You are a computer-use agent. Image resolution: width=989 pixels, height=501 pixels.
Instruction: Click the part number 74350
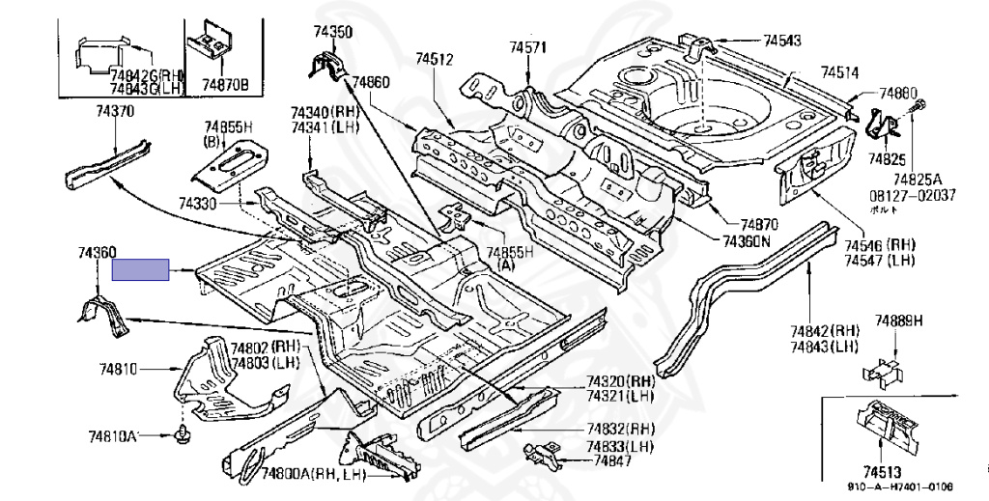click(332, 32)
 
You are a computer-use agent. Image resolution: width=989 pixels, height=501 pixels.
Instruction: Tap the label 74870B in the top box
click(225, 85)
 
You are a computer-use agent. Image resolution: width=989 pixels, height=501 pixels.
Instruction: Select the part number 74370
click(115, 112)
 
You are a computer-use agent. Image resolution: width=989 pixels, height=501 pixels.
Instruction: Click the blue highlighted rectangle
click(141, 269)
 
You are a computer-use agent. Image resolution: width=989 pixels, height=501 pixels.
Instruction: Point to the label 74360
click(98, 252)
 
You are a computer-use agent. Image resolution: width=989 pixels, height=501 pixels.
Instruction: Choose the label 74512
click(435, 60)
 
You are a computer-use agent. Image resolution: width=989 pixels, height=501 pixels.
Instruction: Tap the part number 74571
click(528, 47)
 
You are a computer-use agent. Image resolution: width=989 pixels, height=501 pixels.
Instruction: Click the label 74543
click(782, 41)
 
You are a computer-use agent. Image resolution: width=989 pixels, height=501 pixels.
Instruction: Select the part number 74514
click(840, 72)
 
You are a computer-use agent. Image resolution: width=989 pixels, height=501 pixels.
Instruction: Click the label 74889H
click(899, 320)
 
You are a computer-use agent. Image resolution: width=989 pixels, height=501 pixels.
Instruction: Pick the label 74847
click(613, 462)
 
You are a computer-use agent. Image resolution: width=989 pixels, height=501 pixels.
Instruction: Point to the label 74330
click(197, 205)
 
